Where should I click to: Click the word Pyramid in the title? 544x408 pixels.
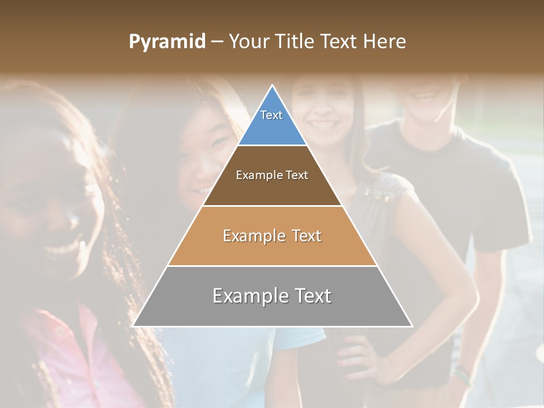pos(167,42)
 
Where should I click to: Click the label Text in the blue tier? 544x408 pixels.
pos(271,115)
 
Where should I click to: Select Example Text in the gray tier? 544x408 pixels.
pos(272,296)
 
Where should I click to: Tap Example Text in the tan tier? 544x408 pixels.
pos(272,236)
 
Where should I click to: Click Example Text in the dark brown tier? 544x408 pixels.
pos(272,175)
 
